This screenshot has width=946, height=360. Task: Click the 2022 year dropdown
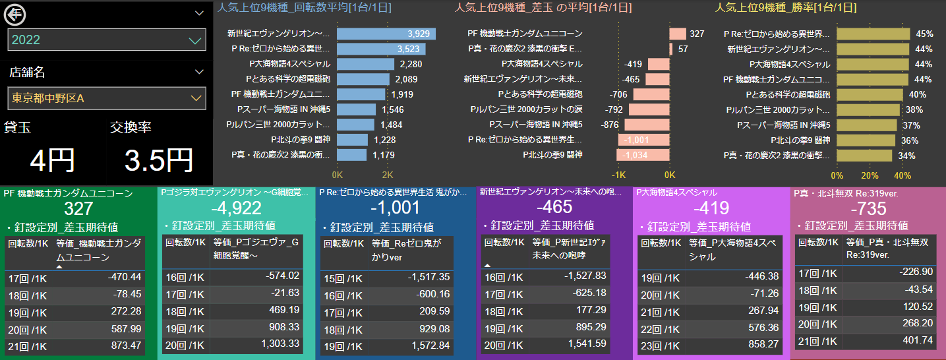pos(107,40)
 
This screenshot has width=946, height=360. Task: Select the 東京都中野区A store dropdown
pos(107,98)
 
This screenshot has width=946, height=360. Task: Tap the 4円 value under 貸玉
pos(52,160)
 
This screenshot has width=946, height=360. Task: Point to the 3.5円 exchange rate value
pos(159,160)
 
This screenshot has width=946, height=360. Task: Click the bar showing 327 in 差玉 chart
pos(678,34)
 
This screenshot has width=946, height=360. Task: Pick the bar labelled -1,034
pos(643,155)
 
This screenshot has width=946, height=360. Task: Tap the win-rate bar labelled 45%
pos(873,34)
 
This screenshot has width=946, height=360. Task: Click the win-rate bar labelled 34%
pos(864,155)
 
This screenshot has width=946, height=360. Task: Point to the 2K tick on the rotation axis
pos(388,175)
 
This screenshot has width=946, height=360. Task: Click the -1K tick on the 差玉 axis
pos(618,175)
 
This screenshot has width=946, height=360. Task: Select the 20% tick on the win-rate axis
pos(870,175)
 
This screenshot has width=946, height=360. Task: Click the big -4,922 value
pos(235,208)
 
